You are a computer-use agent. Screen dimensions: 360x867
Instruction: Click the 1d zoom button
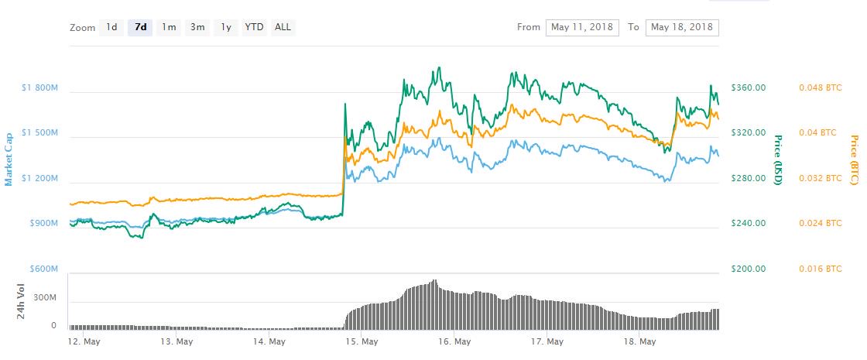[111, 27]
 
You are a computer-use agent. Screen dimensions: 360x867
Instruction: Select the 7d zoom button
[141, 27]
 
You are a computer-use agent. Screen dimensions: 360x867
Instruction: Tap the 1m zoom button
[169, 27]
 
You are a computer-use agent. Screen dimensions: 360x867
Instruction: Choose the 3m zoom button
[197, 27]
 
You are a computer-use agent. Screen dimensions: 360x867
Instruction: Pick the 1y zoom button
[225, 27]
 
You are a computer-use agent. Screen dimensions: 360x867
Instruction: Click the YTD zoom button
[254, 27]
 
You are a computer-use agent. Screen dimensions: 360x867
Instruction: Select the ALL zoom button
[283, 27]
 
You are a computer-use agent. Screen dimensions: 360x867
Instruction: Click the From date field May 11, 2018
[583, 27]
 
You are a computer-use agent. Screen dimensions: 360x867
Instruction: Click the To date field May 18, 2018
[681, 27]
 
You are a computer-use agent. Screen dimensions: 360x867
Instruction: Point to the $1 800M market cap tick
[39, 87]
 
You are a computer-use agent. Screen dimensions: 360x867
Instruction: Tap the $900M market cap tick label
[43, 224]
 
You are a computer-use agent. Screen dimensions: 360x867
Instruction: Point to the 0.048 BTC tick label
[820, 87]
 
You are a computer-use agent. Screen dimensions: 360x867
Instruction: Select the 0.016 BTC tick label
[820, 269]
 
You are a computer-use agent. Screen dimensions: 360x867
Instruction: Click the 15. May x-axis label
[362, 341]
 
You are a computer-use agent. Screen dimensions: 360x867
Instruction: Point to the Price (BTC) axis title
[854, 160]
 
